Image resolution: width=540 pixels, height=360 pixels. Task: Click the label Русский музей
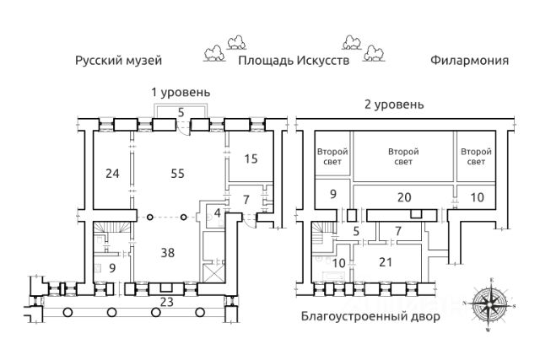pos(118,61)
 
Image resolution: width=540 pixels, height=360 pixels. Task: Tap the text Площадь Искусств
pos(294,61)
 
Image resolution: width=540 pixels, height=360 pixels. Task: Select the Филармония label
pos(469,61)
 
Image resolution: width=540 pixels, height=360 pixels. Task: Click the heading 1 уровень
pos(181,92)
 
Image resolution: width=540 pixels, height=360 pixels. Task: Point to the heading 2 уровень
pos(394,104)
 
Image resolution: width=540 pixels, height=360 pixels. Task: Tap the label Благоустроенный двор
pos(370,316)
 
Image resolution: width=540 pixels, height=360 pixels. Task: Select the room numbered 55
pos(178,174)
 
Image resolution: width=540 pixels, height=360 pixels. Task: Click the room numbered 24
pos(112,174)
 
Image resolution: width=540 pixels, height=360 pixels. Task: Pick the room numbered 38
pos(168,253)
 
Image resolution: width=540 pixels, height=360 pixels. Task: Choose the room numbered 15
pos(251,159)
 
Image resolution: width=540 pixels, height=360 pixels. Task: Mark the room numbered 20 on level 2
pos(404,197)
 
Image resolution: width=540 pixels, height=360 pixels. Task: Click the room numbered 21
pos(386,262)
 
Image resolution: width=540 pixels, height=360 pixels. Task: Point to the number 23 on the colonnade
pos(167,302)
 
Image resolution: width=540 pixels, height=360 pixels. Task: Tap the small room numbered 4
pos(217,212)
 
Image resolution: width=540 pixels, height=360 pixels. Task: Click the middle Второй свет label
pos(403,157)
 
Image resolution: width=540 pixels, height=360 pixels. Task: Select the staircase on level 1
pos(112,227)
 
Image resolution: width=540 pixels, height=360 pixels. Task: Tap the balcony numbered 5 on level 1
pos(181,112)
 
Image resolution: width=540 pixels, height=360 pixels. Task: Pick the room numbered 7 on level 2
pos(398,231)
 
